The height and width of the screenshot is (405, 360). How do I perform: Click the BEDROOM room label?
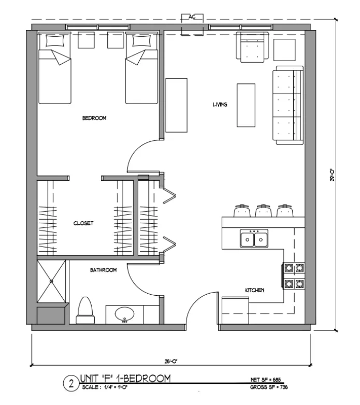click(x=94, y=118)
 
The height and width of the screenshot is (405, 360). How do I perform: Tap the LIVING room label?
click(x=220, y=105)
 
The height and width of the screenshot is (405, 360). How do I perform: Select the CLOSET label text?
click(x=83, y=224)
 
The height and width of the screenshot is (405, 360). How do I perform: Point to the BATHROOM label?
click(x=104, y=270)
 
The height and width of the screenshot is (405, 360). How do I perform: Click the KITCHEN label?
click(x=255, y=291)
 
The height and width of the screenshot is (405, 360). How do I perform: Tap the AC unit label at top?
click(x=192, y=17)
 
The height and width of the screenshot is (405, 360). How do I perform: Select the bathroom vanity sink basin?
click(x=124, y=314)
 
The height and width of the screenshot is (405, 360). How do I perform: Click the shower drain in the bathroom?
click(x=52, y=281)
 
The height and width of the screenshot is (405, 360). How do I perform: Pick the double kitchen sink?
click(x=254, y=239)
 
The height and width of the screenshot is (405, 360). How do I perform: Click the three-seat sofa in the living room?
click(x=288, y=106)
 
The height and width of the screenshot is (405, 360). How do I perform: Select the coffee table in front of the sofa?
click(x=247, y=105)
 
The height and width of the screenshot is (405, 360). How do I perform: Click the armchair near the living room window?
click(x=252, y=47)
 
